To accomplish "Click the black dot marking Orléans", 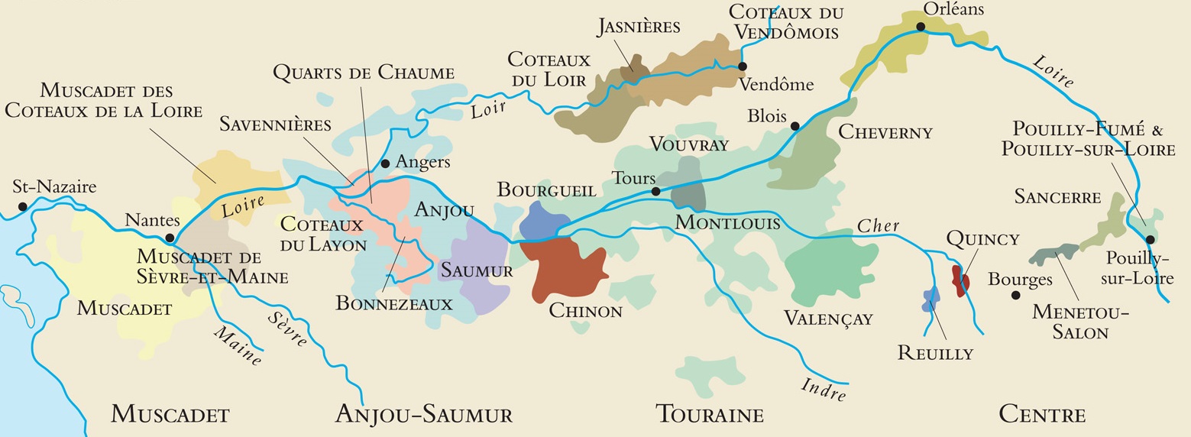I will click(x=921, y=27).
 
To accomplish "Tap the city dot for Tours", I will click(x=655, y=191).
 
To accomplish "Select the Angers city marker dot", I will click(x=385, y=163).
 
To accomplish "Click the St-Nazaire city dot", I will click(x=23, y=206).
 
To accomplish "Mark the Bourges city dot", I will click(x=1015, y=295).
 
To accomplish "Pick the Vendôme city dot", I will click(x=742, y=66).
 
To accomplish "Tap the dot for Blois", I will click(x=795, y=126).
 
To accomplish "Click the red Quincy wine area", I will click(x=960, y=280).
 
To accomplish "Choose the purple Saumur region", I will click(x=480, y=275).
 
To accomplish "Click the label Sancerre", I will click(x=1057, y=197).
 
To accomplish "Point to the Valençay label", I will click(x=828, y=318).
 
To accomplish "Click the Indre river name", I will click(x=824, y=389).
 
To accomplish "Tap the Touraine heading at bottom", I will click(x=710, y=415).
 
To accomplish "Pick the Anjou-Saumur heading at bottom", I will click(x=424, y=415).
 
